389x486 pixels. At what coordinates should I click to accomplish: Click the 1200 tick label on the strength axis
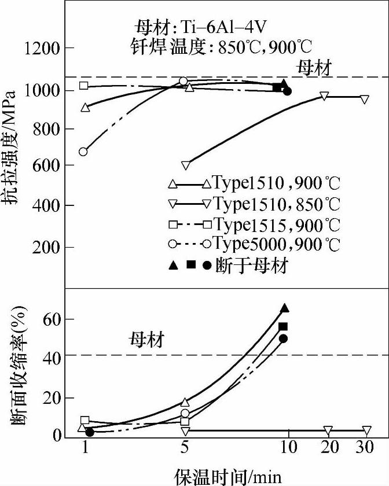pos(42,49)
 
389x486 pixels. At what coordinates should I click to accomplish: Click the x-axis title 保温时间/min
pos(228,476)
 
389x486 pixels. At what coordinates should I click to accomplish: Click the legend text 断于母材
pos(252,265)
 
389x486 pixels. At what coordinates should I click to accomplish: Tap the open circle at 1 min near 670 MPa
pos(83,152)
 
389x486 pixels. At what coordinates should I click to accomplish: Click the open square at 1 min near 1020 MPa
pos(84,86)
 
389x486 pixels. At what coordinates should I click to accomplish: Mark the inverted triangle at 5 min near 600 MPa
pos(185,165)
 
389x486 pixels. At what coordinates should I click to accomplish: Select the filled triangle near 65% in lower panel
pos(284,308)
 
